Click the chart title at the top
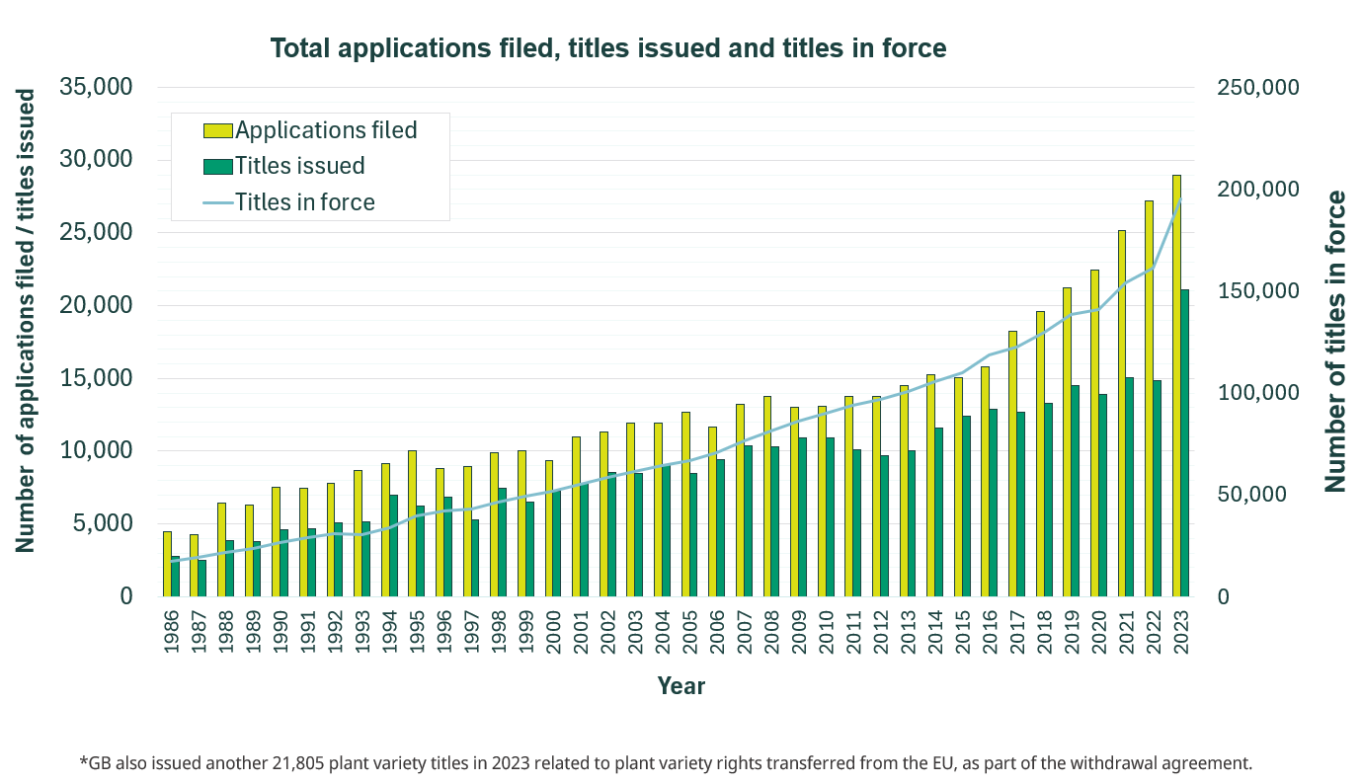coord(608,48)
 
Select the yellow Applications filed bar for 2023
coord(1177,385)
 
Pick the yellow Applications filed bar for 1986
coord(167,564)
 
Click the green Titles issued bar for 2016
coord(994,503)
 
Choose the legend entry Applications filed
coord(326,130)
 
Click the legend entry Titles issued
coord(299,166)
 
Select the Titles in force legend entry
coord(304,202)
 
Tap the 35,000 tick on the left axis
coord(96,87)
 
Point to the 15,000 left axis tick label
coord(96,378)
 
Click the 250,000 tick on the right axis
coord(1255,88)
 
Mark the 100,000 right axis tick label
coord(1255,393)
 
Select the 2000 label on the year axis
coord(554,627)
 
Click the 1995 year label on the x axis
coord(418,627)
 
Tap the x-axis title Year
coord(680,685)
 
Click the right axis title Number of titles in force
coord(1335,342)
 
